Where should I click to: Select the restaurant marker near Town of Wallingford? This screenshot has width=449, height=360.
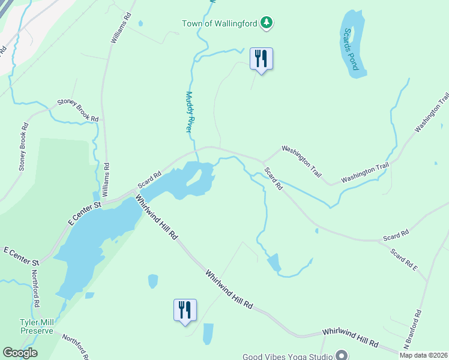[261, 59]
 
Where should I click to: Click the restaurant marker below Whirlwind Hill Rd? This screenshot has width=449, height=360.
[184, 310]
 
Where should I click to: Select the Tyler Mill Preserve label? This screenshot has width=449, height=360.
[37, 326]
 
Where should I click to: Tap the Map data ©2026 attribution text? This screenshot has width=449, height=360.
[423, 355]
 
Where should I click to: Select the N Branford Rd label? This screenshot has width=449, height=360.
[412, 329]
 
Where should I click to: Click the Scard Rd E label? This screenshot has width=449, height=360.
[403, 259]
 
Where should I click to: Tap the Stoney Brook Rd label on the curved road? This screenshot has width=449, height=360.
[77, 110]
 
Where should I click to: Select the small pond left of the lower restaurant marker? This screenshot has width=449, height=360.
[152, 281]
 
